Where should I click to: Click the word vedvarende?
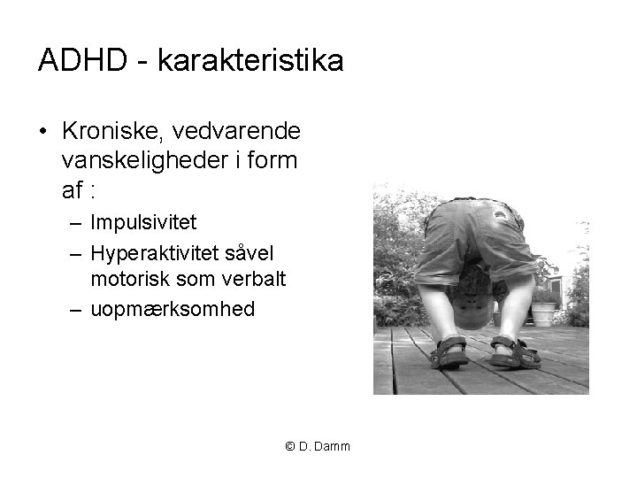[237, 131]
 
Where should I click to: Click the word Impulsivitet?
[143, 221]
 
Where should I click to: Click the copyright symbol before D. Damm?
[290, 446]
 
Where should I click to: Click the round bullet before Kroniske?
[42, 132]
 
